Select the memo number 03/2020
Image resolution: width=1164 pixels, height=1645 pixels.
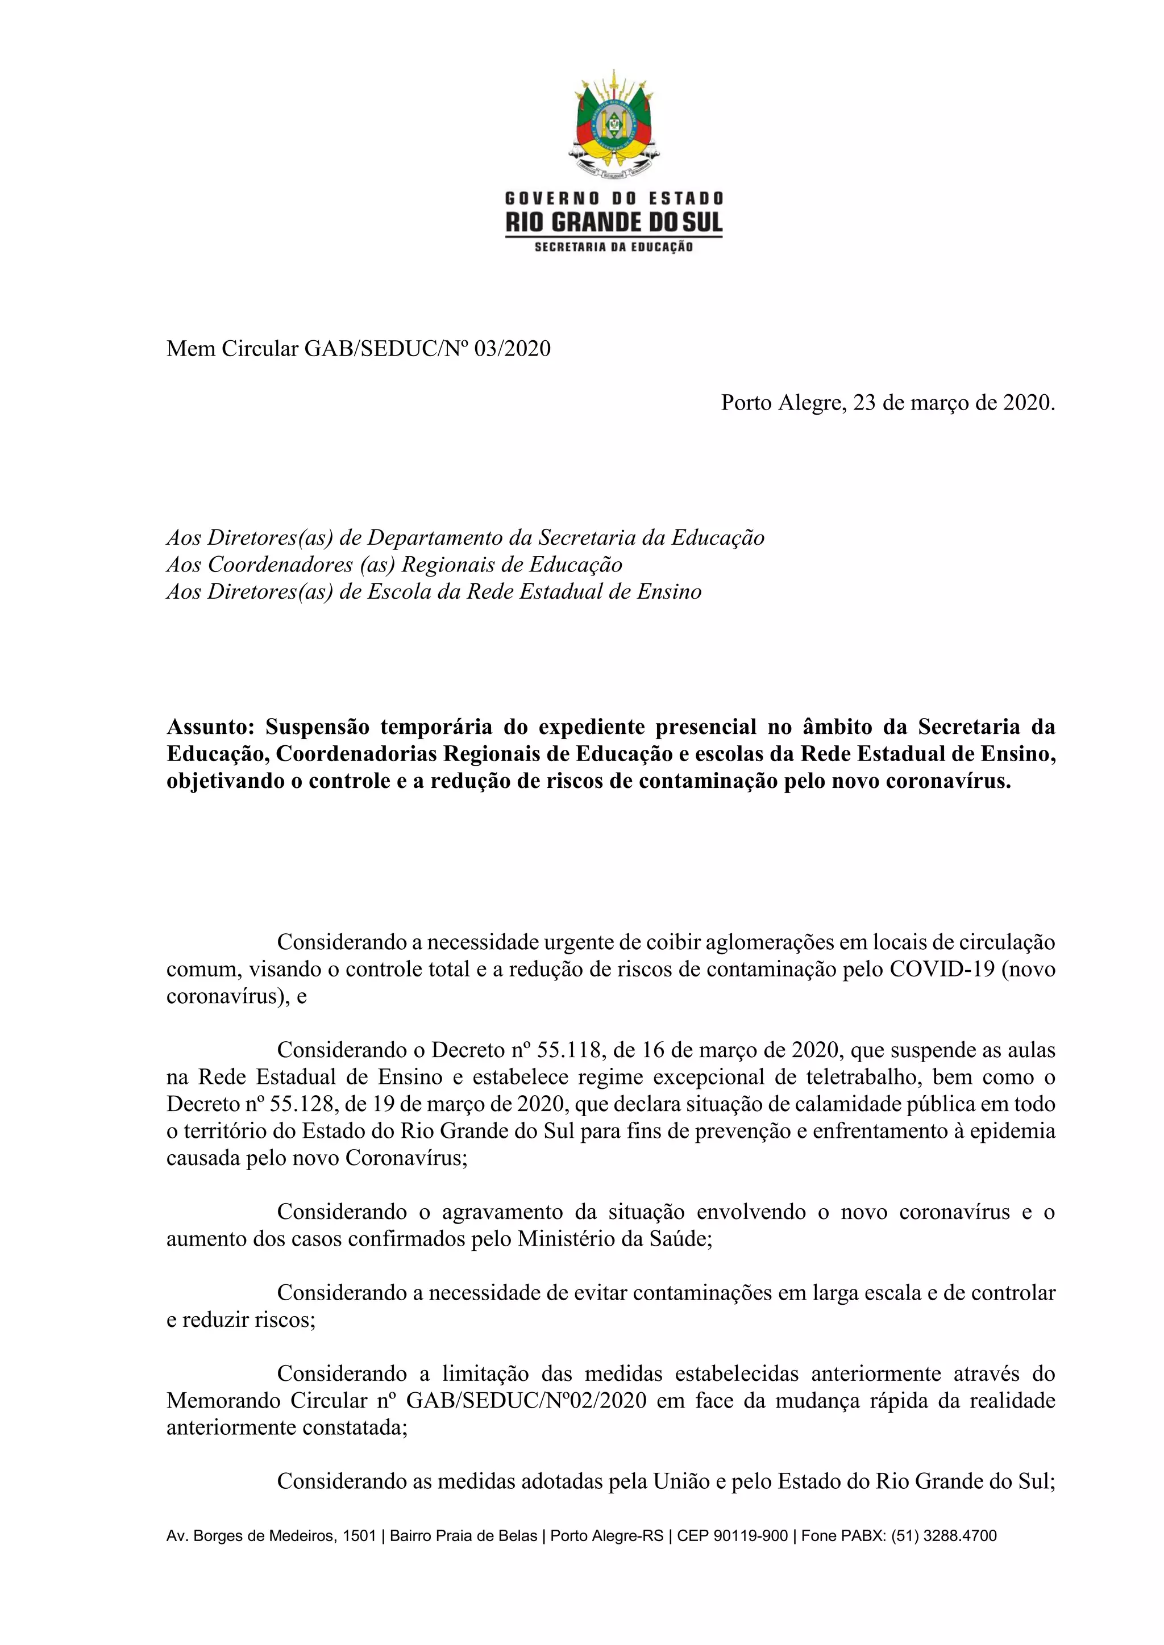pos(513,349)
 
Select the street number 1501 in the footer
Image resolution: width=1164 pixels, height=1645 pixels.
pos(359,1535)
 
